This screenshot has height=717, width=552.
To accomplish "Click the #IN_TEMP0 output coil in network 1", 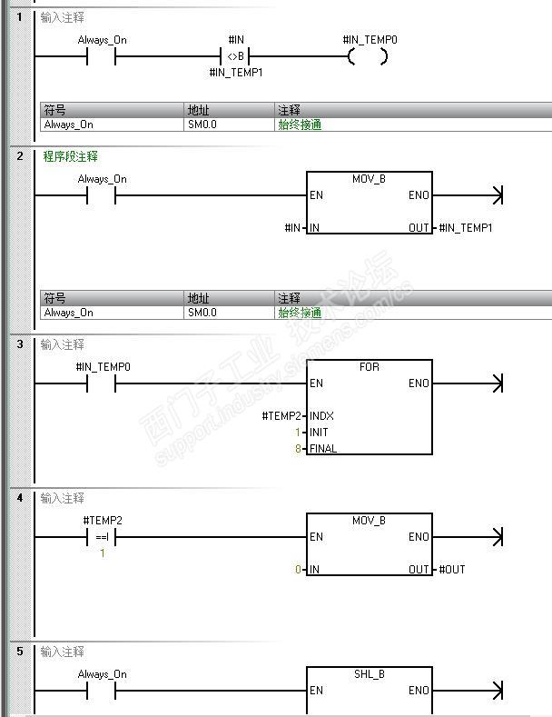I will [368, 56].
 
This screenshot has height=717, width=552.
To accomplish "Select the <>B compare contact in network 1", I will [235, 56].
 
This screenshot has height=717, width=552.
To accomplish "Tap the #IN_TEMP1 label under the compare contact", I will [235, 73].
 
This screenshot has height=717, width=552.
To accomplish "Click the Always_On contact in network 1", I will [102, 56].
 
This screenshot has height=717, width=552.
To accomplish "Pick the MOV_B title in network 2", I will [369, 179].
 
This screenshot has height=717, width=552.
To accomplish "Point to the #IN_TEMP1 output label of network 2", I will [465, 227].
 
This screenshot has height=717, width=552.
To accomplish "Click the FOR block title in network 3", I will [369, 367].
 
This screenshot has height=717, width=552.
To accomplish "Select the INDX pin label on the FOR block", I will [321, 416].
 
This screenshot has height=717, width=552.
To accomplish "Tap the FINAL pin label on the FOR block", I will [323, 449].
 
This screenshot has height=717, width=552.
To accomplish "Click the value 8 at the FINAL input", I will [298, 449].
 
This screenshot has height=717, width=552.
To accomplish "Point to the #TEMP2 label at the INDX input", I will [281, 416].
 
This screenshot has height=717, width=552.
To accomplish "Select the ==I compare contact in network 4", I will [102, 537].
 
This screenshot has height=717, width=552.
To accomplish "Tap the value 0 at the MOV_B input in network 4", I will [298, 570].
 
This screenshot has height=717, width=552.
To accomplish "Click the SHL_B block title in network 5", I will [369, 674].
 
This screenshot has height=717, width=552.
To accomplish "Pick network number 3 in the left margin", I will [20, 344].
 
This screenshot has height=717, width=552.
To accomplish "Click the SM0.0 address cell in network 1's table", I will [202, 124].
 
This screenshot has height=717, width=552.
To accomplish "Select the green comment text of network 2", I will [70, 156].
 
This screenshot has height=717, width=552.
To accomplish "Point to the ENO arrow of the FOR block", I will [496, 383].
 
